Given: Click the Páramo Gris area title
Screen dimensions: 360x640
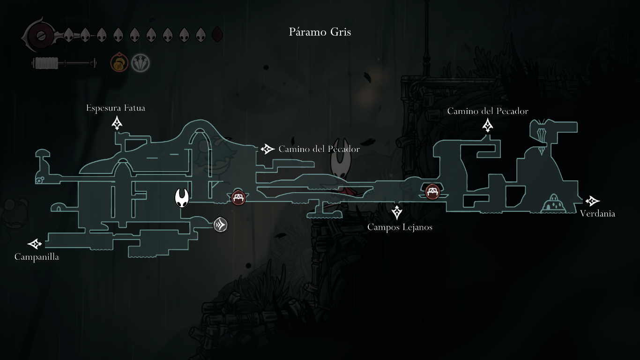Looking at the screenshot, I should [x=320, y=32].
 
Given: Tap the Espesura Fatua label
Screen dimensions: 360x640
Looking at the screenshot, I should [x=115, y=108].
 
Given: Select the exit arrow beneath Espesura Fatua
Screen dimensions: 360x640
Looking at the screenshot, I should [x=117, y=123].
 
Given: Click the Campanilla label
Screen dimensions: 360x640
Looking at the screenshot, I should [x=37, y=257].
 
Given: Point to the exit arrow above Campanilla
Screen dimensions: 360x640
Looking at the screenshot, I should [x=35, y=244].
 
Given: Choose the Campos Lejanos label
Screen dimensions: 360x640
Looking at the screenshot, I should [x=400, y=227].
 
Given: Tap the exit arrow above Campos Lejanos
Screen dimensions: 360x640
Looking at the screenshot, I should [x=397, y=212].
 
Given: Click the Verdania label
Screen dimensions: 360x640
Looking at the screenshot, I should [x=597, y=214].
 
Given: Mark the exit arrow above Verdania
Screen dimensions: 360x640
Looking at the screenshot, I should [x=593, y=201].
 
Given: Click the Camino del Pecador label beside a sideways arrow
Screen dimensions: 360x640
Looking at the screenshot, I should [x=319, y=149].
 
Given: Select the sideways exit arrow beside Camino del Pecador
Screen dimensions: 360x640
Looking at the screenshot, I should [x=268, y=149].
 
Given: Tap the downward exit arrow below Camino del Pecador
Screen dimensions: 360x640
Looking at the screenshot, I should [x=488, y=125].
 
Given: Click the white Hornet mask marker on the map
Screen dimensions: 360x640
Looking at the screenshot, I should [x=182, y=198].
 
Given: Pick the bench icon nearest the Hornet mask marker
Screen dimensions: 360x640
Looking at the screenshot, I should [x=238, y=197].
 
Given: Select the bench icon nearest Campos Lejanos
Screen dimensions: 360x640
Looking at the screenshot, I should [x=432, y=191].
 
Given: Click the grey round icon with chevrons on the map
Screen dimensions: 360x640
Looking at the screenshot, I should [x=220, y=225].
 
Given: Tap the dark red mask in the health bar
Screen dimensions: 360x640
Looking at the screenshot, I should [x=217, y=35].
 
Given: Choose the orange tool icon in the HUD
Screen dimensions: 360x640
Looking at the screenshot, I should [x=119, y=63].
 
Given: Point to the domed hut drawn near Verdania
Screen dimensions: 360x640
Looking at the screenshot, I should [x=553, y=204].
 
